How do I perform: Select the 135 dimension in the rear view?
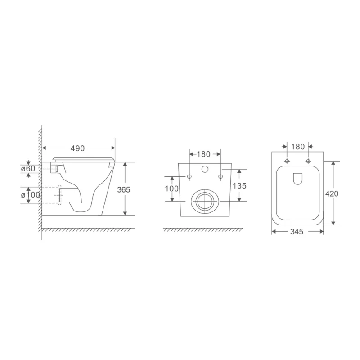239,185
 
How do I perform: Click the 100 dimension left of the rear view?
171,189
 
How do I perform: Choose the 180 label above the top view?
298,146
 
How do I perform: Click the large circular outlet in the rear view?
205,201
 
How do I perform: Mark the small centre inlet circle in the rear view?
205,170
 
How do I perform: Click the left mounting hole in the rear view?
189,176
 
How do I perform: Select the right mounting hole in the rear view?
220,176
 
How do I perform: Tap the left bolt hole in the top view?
287,161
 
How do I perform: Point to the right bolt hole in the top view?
308,161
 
